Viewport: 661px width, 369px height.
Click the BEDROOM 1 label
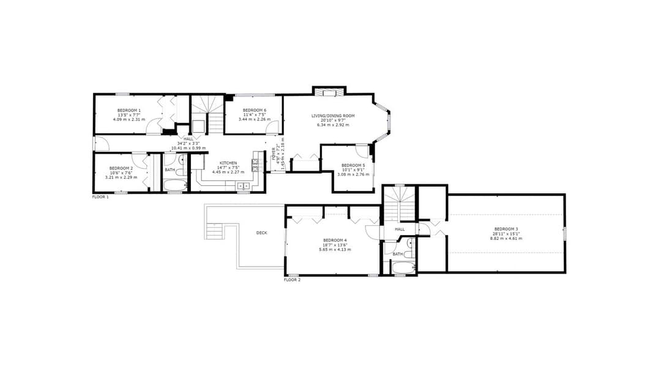129,110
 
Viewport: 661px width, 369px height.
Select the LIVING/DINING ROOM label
334,116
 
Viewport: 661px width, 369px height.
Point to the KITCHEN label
228,163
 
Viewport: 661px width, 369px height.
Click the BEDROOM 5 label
353,165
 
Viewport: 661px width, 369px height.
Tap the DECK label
262,233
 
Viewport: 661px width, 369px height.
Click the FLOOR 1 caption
100,197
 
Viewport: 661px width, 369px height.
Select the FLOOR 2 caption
293,280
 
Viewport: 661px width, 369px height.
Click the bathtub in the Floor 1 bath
175,185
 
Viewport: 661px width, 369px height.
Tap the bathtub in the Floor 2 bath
403,267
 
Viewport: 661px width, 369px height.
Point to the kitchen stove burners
256,164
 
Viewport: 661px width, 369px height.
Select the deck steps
214,231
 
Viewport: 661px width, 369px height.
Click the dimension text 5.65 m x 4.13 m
335,249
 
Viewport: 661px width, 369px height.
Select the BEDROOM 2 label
121,168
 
